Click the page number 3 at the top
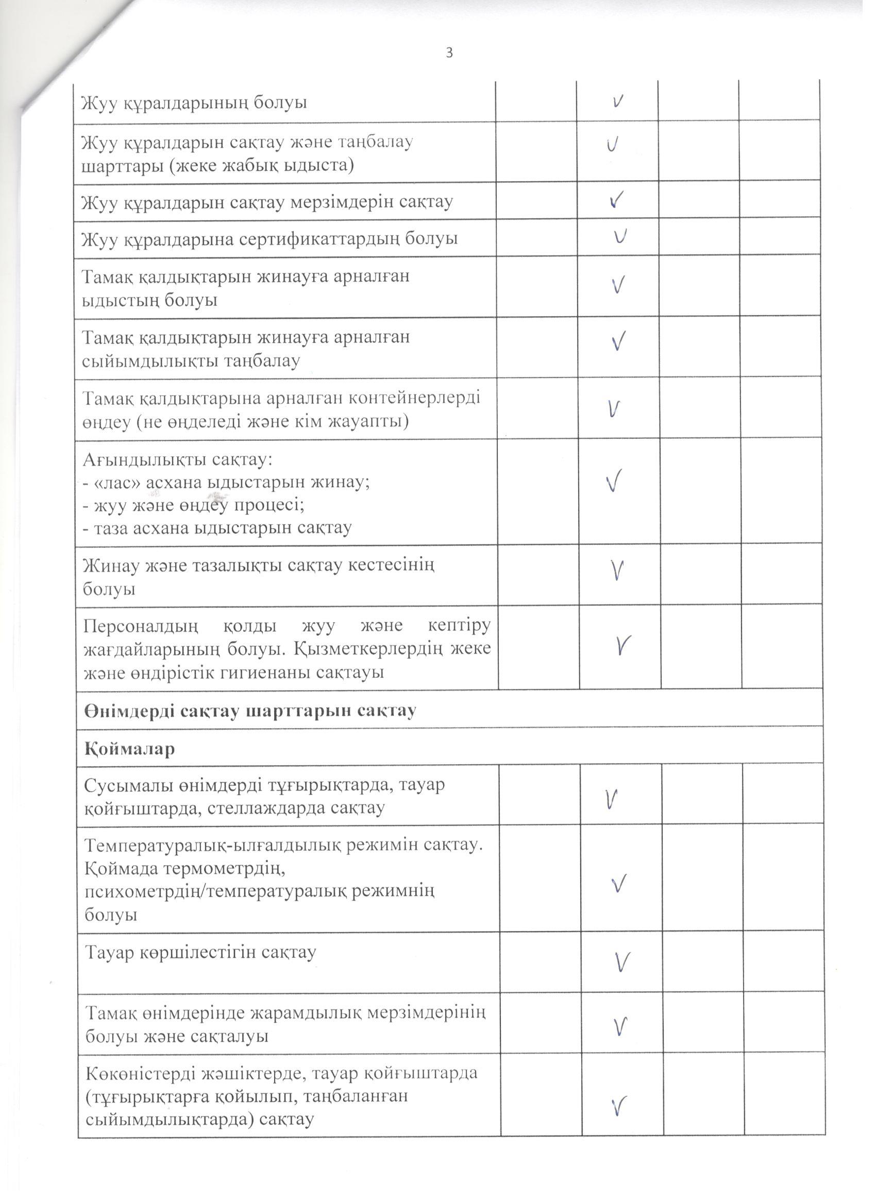(449, 53)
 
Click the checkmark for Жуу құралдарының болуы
(617, 101)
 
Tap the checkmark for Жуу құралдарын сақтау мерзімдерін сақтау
(616, 200)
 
